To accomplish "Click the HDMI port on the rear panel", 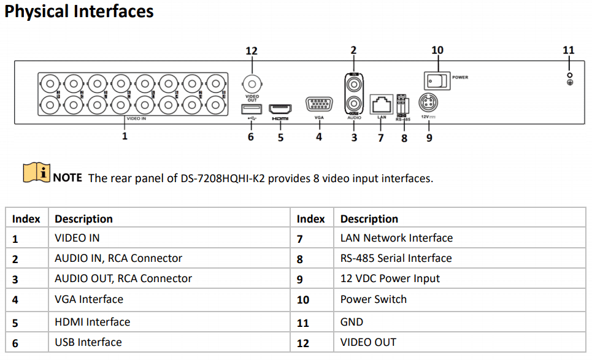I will tap(280, 107).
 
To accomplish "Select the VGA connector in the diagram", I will tap(318, 104).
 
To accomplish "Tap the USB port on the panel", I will tap(251, 109).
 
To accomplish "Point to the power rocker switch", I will tap(437, 79).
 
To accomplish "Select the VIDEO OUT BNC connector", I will tap(252, 83).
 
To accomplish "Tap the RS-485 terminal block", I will tap(402, 104).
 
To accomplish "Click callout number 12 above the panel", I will tap(252, 51).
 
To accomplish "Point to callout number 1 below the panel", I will tap(125, 136).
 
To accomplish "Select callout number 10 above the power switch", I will tap(437, 50).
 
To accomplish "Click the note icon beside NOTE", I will tap(37, 174).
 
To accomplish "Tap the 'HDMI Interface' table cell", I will tap(93, 322).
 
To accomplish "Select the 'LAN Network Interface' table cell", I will tap(396, 238).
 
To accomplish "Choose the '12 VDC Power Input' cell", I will tap(390, 278).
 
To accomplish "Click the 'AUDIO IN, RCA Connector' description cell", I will tap(118, 258).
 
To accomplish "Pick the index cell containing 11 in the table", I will tap(302, 322).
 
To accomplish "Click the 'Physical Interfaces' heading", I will tap(79, 12).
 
